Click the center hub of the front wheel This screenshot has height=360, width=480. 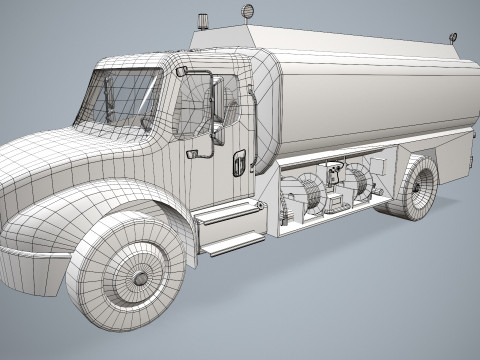pyautogui.click(x=140, y=277)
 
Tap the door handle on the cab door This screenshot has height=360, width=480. pyautogui.click(x=238, y=162)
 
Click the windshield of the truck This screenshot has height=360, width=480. pyautogui.click(x=124, y=97)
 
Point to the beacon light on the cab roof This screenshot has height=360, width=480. pyautogui.click(x=203, y=20)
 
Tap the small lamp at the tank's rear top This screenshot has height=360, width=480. pyautogui.click(x=452, y=38)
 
